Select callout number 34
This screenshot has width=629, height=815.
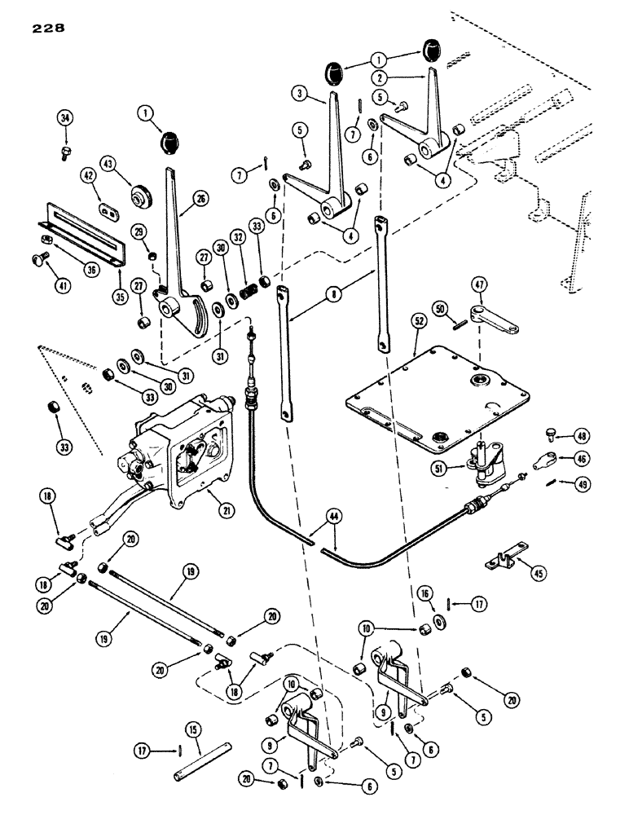coord(66,120)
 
